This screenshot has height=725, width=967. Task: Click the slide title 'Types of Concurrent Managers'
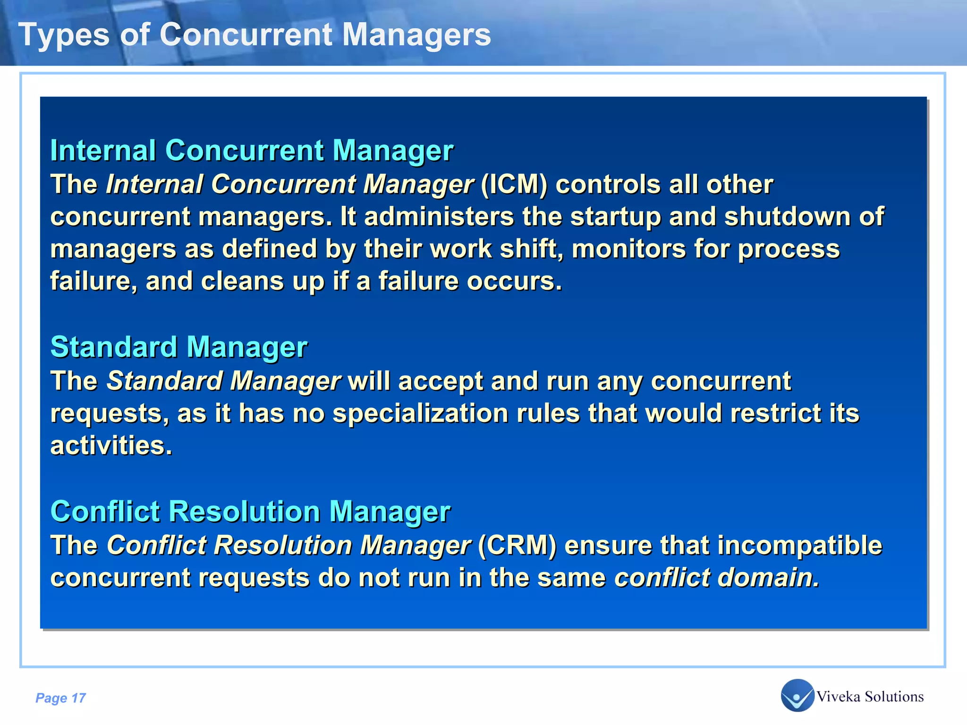point(255,34)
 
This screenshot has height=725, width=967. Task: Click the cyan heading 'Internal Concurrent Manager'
point(252,151)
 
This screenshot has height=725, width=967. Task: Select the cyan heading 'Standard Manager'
point(179,347)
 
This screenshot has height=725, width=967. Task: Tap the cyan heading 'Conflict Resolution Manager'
point(250,511)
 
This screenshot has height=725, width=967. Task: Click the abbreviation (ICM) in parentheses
point(514,184)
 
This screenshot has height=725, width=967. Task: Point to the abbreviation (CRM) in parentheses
point(517,545)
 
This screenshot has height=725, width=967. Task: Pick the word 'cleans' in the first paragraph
point(242,281)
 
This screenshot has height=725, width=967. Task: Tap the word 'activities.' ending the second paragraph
point(111,446)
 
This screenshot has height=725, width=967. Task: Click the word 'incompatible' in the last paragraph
point(799,545)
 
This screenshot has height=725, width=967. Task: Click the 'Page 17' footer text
point(60,698)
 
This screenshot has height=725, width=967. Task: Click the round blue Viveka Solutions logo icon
point(797,695)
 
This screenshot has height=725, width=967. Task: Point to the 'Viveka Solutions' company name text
point(870,697)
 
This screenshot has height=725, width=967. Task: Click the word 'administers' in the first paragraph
point(439,217)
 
